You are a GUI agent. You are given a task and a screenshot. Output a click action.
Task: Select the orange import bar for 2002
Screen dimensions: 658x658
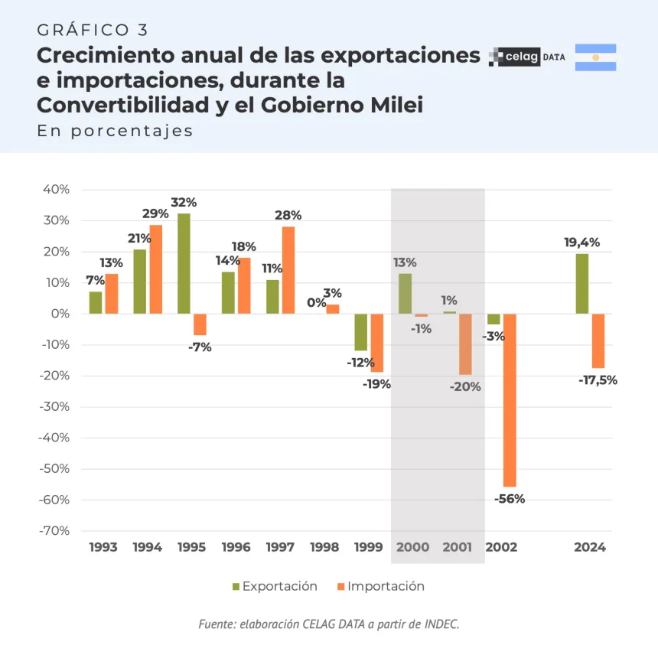pyautogui.click(x=510, y=400)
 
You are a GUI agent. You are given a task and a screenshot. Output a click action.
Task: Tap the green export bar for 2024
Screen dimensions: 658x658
pyautogui.click(x=582, y=283)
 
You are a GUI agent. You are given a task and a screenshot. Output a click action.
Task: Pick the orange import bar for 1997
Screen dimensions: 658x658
pyautogui.click(x=288, y=270)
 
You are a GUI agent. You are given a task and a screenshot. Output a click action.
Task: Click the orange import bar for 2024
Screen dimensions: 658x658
pyautogui.click(x=598, y=341)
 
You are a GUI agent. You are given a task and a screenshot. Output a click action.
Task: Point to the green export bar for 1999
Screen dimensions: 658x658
pyautogui.click(x=361, y=332)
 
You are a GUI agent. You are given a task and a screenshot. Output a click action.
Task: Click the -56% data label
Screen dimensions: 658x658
pyautogui.click(x=510, y=499)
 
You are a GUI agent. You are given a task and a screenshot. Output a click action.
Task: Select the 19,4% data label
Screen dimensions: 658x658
pyautogui.click(x=581, y=243)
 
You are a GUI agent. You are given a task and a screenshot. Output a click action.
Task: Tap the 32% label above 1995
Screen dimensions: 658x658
pyautogui.click(x=184, y=203)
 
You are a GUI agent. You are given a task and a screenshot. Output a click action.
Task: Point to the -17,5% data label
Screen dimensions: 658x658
pyautogui.click(x=598, y=379)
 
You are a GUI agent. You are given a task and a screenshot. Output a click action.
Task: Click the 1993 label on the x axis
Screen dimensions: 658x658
pyautogui.click(x=103, y=547)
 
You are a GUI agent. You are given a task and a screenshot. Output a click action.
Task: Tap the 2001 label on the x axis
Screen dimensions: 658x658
pyautogui.click(x=458, y=547)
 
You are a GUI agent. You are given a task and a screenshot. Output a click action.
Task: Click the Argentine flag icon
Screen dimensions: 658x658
pyautogui.click(x=595, y=57)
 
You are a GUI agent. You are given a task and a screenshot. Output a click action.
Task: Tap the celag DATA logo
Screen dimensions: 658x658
pyautogui.click(x=527, y=57)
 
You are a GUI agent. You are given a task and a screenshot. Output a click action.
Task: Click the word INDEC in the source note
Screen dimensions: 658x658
pyautogui.click(x=440, y=624)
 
